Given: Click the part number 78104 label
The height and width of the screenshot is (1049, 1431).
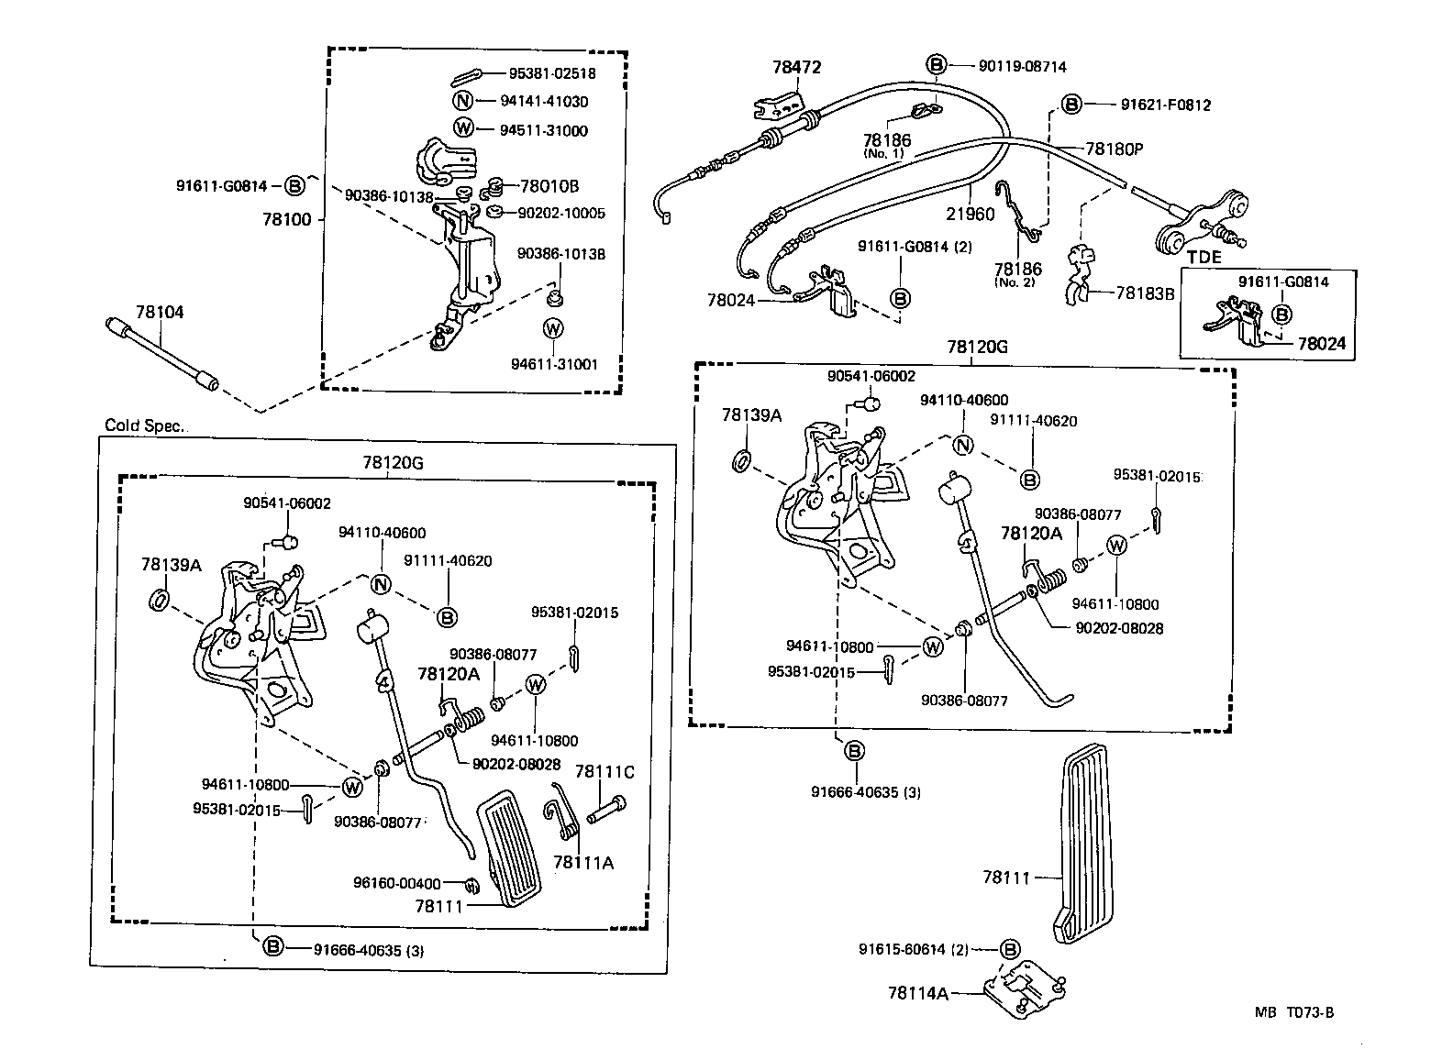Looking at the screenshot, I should pyautogui.click(x=160, y=313).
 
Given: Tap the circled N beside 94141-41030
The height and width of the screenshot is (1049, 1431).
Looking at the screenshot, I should pyautogui.click(x=463, y=102).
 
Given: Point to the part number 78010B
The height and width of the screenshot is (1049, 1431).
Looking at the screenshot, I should pyautogui.click(x=549, y=186).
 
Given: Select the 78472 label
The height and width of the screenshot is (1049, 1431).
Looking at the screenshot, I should pyautogui.click(x=796, y=67).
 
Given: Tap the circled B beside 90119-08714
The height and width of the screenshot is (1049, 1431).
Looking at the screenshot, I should pyautogui.click(x=935, y=65).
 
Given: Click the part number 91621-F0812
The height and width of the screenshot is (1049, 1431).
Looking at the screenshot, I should pyautogui.click(x=1165, y=105).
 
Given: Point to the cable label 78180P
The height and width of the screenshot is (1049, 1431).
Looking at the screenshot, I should pyautogui.click(x=1115, y=149).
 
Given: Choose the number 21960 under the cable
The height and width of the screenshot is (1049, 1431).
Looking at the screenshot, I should pyautogui.click(x=971, y=214).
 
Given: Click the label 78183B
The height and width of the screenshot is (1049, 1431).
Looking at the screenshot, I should pyautogui.click(x=1145, y=293).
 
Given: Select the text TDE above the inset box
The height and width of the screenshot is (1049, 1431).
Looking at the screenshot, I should pyautogui.click(x=1204, y=258).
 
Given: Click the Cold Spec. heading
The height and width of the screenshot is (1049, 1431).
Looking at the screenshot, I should pyautogui.click(x=145, y=425).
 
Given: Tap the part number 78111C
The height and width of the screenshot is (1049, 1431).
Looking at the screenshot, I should pyautogui.click(x=605, y=772).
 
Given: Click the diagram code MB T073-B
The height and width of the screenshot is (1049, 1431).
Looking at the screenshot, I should pyautogui.click(x=1294, y=1012).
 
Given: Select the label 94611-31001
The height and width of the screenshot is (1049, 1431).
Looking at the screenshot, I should pyautogui.click(x=554, y=364).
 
